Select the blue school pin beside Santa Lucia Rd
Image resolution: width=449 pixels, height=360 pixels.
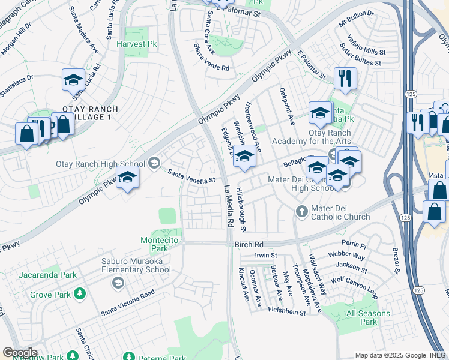click(x=73, y=80)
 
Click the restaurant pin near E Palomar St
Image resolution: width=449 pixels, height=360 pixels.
click(x=345, y=79)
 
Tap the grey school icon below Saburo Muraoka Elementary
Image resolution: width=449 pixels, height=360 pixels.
click(x=118, y=283)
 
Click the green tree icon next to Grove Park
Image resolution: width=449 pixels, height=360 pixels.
click(x=79, y=295)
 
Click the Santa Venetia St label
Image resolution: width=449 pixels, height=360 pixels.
click(x=191, y=177)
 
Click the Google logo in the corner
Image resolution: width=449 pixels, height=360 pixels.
click(x=20, y=353)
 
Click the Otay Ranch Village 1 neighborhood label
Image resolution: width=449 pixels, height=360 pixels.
click(x=90, y=113)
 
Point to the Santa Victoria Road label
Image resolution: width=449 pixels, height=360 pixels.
click(x=128, y=303)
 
